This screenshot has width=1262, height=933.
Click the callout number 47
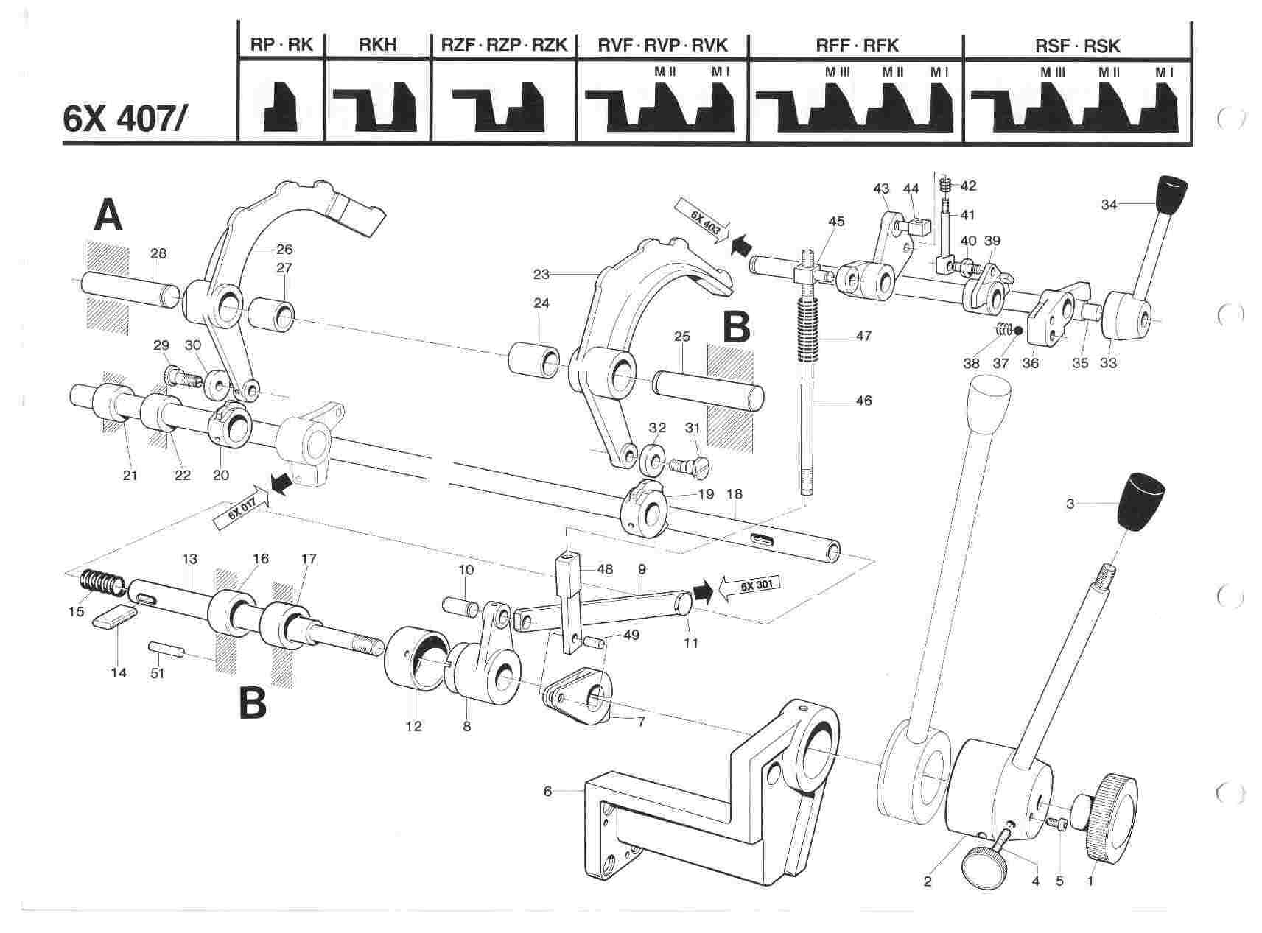863,336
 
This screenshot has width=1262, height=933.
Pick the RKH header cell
377,46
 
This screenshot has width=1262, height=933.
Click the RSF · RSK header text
1077,46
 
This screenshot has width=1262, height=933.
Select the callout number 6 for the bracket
547,791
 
